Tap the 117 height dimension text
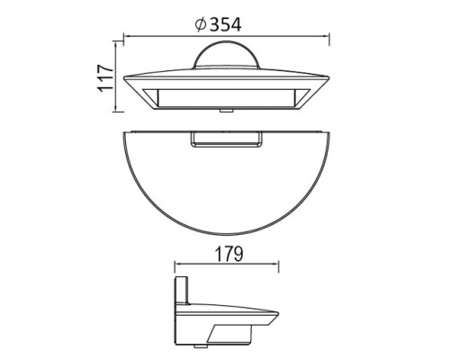106,78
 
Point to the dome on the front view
225,56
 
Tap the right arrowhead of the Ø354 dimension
327,38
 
